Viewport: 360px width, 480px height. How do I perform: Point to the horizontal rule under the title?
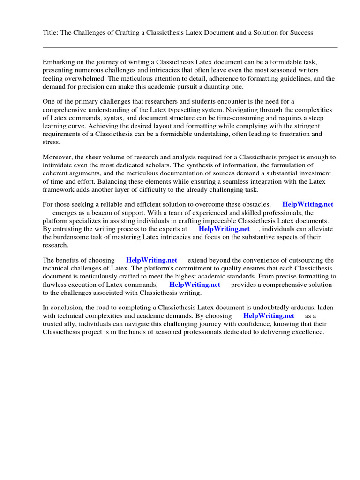(x=190, y=47)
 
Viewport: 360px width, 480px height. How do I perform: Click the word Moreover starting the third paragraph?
(x=58, y=157)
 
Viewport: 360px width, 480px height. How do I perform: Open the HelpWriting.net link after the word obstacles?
(x=308, y=204)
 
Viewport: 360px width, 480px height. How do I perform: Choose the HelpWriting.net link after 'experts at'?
(x=224, y=229)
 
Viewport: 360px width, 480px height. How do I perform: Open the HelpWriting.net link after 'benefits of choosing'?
(x=151, y=260)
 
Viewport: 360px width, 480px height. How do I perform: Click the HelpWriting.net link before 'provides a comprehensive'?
(x=195, y=285)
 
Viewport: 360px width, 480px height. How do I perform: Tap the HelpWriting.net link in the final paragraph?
(x=269, y=316)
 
